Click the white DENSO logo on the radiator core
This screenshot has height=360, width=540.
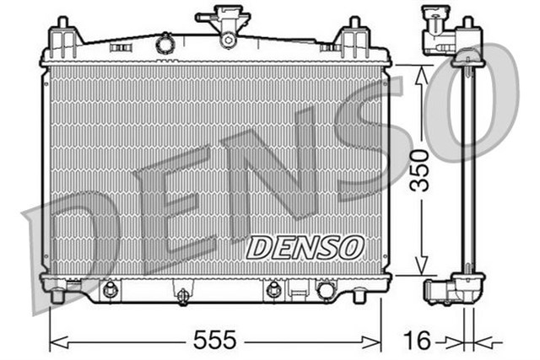305,246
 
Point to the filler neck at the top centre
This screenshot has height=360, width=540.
227,26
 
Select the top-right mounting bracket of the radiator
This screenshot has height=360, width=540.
349,39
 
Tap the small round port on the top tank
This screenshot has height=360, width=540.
164,42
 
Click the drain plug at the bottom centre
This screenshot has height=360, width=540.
181,296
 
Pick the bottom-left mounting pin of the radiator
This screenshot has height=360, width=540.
57,296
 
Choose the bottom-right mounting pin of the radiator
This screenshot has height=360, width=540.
358,297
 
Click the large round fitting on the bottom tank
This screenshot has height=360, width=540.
325,291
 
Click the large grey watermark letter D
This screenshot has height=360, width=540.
72,244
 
